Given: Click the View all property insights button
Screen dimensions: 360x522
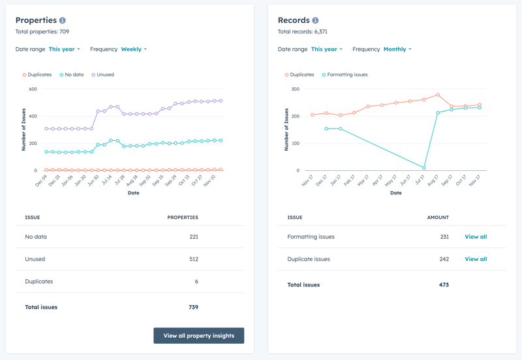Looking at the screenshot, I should [198, 336].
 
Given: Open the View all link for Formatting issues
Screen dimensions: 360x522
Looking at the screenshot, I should [476, 237].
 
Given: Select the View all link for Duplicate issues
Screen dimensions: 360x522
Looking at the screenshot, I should [476, 259].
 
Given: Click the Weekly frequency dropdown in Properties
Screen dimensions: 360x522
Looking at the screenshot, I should [134, 50].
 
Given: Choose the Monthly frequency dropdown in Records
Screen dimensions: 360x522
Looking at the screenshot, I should [397, 50].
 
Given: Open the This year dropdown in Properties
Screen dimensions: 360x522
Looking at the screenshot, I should [64, 50].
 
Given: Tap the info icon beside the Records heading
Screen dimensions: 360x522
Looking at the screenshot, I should [315, 21].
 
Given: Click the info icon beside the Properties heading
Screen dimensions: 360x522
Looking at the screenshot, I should [63, 21].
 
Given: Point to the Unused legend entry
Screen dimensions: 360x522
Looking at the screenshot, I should [102, 75].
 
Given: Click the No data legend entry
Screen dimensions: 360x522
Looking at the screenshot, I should [72, 75].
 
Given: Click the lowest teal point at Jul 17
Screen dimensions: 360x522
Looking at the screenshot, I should [424, 168].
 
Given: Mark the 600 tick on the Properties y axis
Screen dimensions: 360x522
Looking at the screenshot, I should [33, 89].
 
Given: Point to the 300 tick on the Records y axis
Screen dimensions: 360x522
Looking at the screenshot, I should [295, 89].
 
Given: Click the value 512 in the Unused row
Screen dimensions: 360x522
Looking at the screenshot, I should [193, 259].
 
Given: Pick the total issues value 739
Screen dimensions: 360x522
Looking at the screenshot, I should [193, 307].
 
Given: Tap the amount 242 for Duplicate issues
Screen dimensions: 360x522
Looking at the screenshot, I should [444, 259].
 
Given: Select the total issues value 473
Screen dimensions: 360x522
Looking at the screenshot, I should [444, 285].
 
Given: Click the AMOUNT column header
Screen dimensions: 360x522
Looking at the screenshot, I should [438, 218].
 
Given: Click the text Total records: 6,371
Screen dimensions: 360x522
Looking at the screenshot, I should [303, 32].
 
